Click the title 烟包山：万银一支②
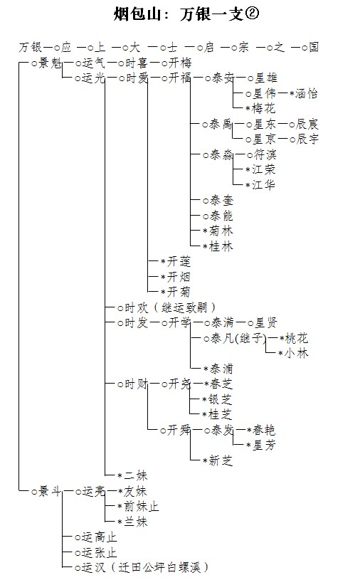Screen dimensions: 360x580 pyautogui.click(x=186, y=14)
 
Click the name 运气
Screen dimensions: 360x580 pyautogui.click(x=94, y=63)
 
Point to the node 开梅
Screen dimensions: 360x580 pyautogui.click(x=180, y=63)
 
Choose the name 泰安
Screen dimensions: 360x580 pyautogui.click(x=223, y=78)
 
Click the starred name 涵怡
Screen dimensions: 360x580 pyautogui.click(x=306, y=94)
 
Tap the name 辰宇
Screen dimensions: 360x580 pyautogui.click(x=307, y=139)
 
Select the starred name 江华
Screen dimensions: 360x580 pyautogui.click(x=263, y=184)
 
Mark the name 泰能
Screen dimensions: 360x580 pyautogui.click(x=221, y=216)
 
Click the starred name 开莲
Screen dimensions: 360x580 pyautogui.click(x=179, y=261)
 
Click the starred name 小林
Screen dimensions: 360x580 pyautogui.click(x=296, y=353)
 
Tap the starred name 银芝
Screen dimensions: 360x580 pyautogui.click(x=221, y=399)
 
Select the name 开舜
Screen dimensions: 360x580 pyautogui.click(x=179, y=430)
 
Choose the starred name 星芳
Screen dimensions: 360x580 pyautogui.click(x=264, y=445)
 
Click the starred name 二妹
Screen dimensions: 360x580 pyautogui.click(x=136, y=475)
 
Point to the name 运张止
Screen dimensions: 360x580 pyautogui.click(x=100, y=552)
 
